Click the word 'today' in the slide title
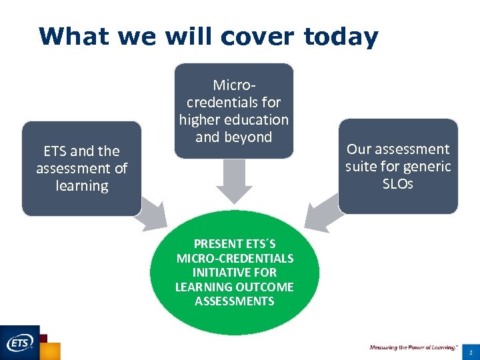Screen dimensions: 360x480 (x=341, y=36)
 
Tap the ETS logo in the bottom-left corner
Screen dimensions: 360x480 (x=20, y=343)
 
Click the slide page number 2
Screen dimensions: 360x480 (x=470, y=351)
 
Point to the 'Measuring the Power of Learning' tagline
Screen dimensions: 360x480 (x=413, y=347)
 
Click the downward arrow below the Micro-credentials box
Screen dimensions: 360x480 (x=234, y=181)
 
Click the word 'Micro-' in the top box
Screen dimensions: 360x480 (x=234, y=85)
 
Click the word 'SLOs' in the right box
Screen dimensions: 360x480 (x=398, y=184)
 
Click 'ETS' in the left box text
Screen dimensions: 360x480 (x=55, y=151)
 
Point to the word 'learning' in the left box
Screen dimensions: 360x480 (x=81, y=186)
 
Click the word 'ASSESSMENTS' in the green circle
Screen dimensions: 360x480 (x=234, y=301)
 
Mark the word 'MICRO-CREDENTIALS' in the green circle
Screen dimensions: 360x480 (x=234, y=258)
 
